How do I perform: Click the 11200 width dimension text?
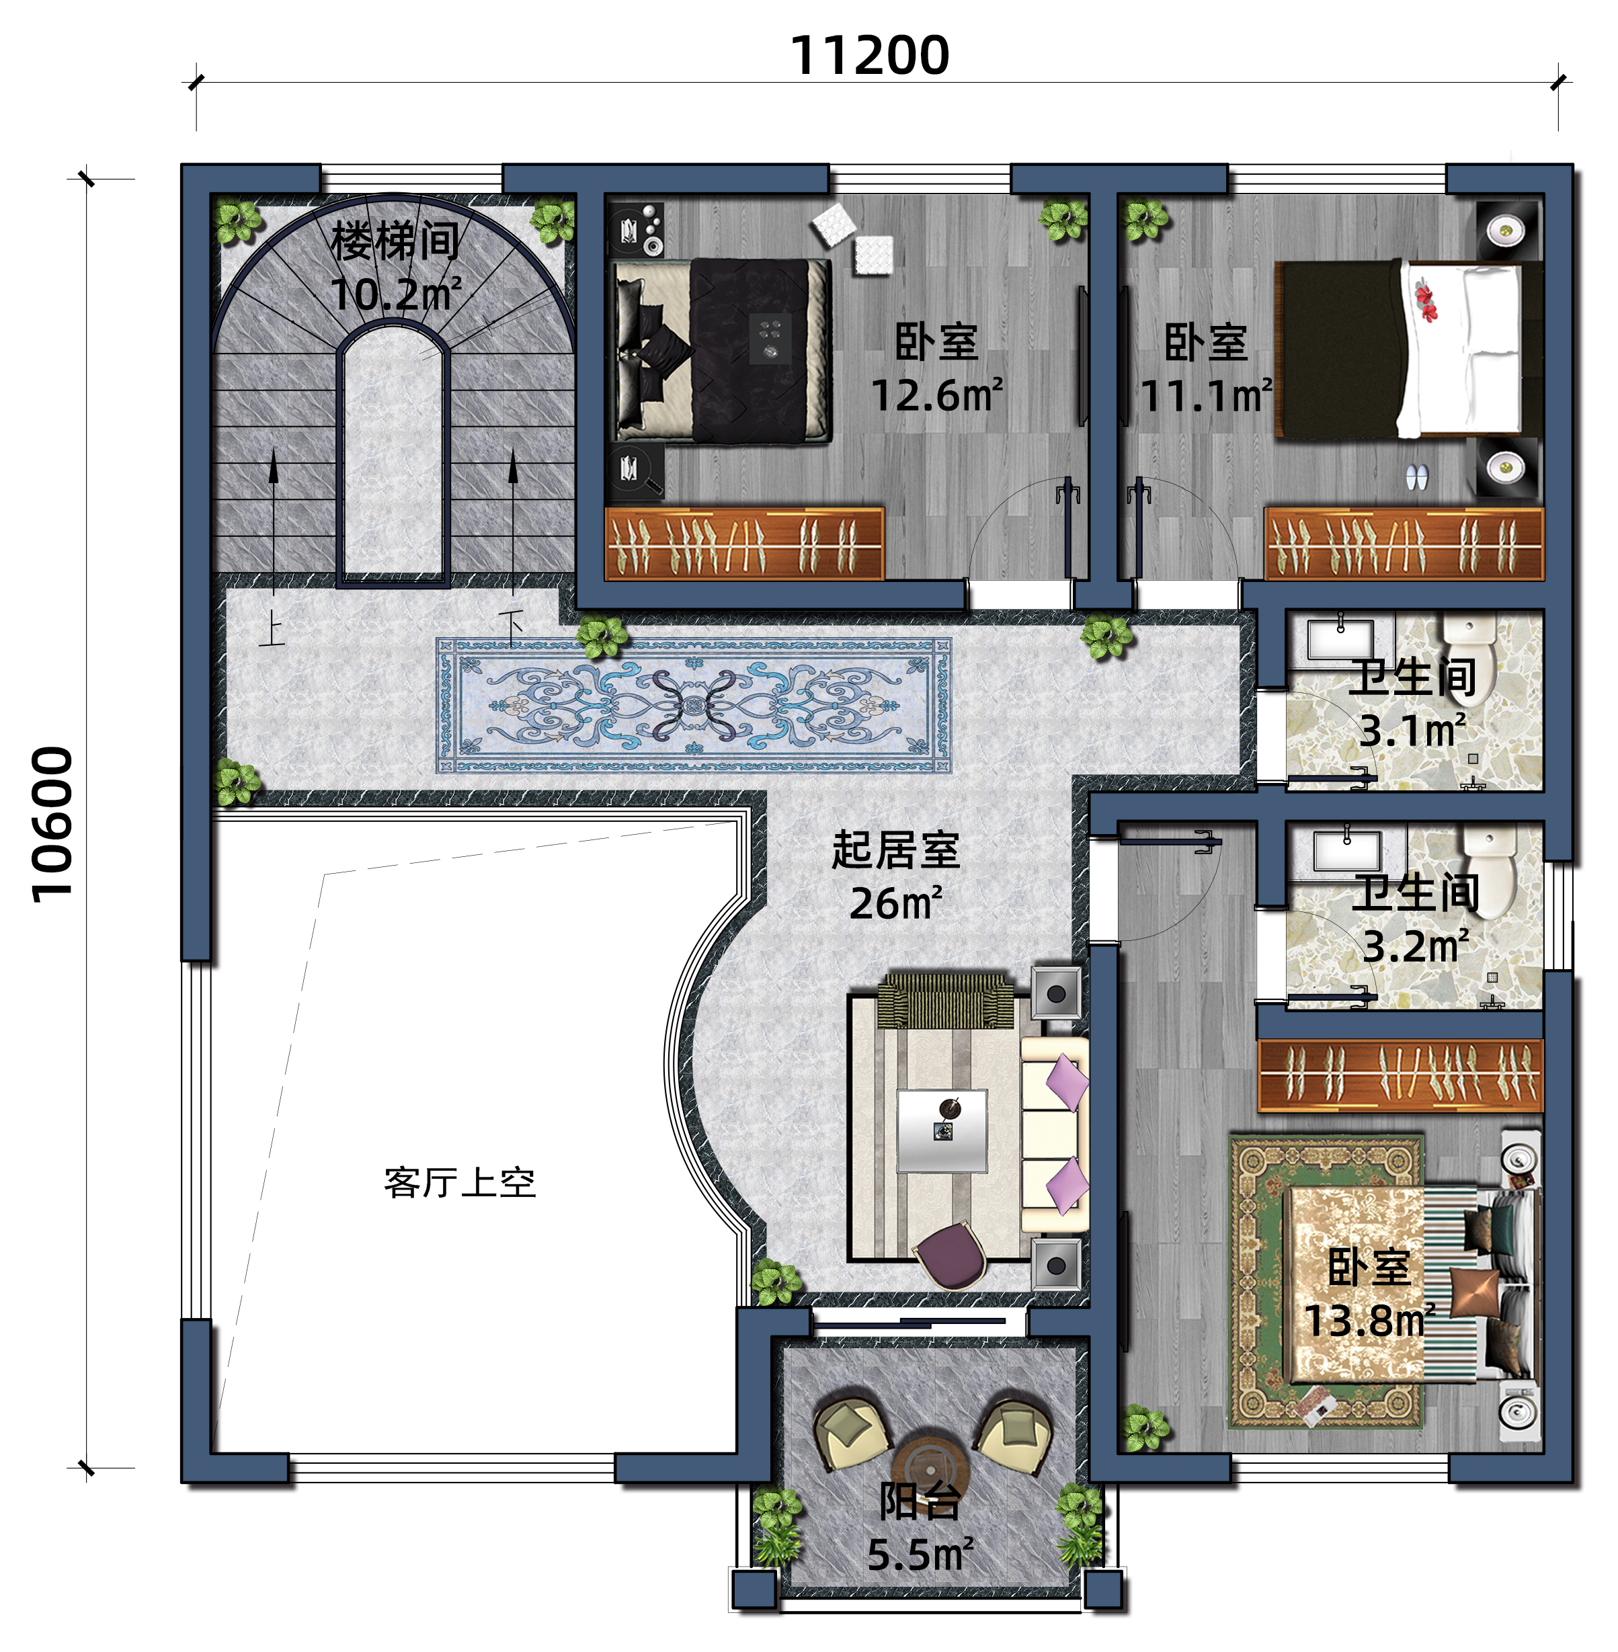[x=869, y=56]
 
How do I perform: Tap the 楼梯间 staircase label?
[x=395, y=241]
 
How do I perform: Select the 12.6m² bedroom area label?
[x=937, y=396]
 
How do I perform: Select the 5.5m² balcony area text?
[x=920, y=1555]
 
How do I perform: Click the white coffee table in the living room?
[x=942, y=1130]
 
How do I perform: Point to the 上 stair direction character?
[x=272, y=629]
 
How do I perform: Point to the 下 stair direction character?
[x=511, y=627]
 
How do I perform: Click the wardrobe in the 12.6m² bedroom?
[x=743, y=544]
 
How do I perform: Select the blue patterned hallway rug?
[x=694, y=705]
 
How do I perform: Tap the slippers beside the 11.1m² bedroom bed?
[x=1416, y=478]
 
